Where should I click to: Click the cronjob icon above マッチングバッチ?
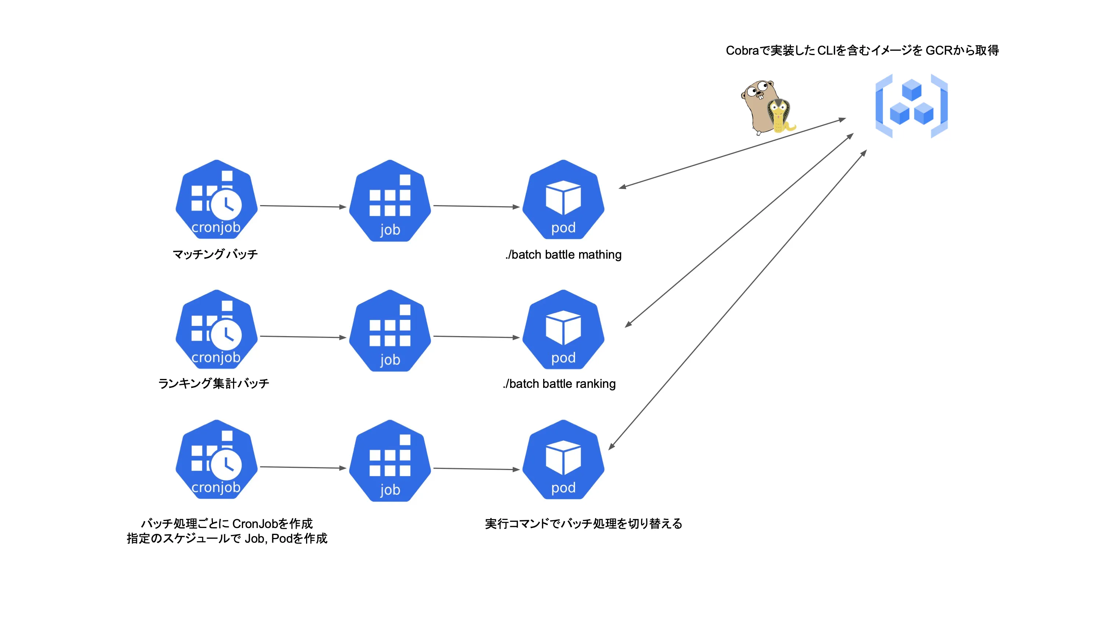(x=216, y=200)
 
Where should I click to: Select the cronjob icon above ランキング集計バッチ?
(x=216, y=330)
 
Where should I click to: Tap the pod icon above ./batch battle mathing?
(x=563, y=200)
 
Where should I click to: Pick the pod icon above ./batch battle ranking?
(x=563, y=330)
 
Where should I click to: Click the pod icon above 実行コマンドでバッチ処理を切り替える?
(x=563, y=460)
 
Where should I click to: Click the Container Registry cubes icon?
(x=911, y=106)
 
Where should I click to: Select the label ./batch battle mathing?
(x=563, y=255)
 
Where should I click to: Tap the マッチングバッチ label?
(x=215, y=255)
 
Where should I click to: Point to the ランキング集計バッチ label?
(x=214, y=383)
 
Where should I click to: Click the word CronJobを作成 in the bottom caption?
(x=272, y=524)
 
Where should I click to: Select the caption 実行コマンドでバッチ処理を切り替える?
(x=583, y=524)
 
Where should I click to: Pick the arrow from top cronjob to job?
(x=303, y=206)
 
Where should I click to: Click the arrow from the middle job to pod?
(x=476, y=337)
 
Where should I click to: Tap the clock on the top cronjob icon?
(x=226, y=205)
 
